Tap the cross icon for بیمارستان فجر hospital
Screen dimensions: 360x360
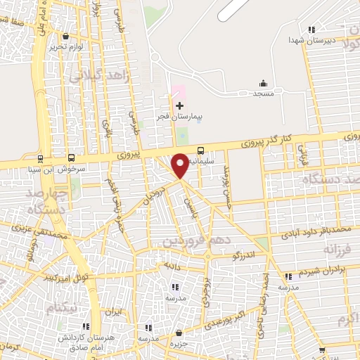tap(180, 105)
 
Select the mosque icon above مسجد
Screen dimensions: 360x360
tap(264, 82)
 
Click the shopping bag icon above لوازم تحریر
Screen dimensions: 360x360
tap(66, 36)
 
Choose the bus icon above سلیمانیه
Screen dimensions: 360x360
tap(201, 150)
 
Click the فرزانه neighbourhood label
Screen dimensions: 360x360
tap(336, 250)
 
